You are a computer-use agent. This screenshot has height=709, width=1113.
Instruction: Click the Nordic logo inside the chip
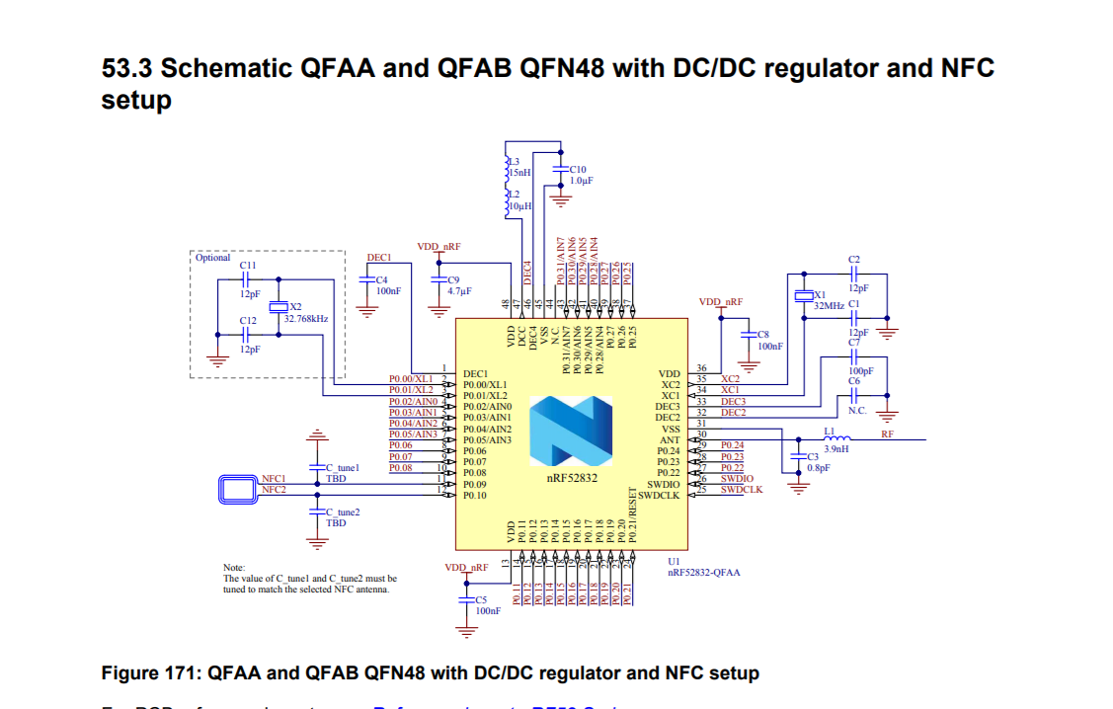click(x=571, y=432)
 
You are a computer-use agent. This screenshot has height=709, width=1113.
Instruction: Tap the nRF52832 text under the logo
click(x=572, y=476)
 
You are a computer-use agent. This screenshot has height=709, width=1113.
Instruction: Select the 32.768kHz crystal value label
click(x=306, y=319)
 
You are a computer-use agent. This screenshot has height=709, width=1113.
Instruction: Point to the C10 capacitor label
click(x=578, y=170)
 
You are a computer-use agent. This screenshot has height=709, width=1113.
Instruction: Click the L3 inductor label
click(x=514, y=161)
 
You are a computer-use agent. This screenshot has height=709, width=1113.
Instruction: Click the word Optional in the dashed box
click(x=212, y=258)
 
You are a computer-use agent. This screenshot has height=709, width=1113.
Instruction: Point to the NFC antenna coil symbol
click(x=238, y=485)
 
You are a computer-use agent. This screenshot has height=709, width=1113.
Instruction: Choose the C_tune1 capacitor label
click(x=343, y=467)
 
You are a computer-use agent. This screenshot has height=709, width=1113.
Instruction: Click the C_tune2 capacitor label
click(x=343, y=512)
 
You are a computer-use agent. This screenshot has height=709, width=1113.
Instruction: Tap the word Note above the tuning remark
click(x=234, y=568)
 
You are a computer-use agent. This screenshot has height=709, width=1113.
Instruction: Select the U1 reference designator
click(x=674, y=561)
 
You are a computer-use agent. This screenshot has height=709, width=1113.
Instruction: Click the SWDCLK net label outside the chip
click(x=741, y=490)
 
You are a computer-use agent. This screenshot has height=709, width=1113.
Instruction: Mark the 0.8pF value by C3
click(x=819, y=467)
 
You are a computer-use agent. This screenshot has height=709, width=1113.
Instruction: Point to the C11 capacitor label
click(x=248, y=267)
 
